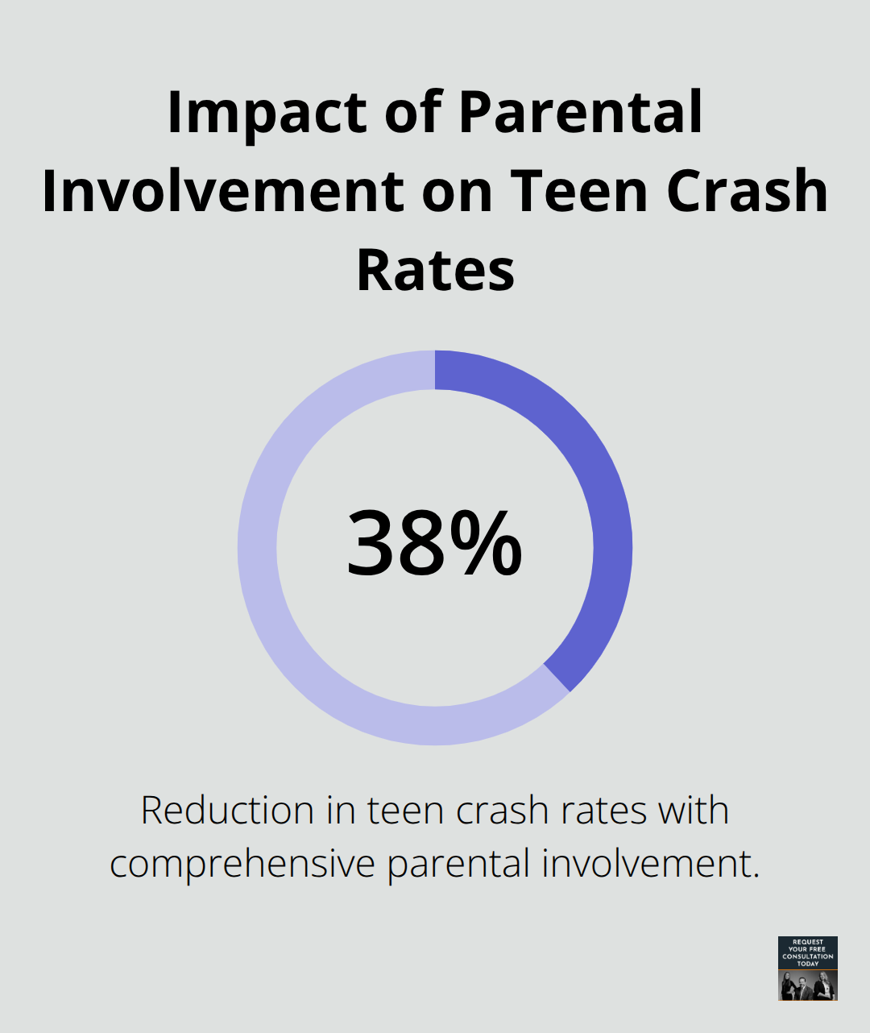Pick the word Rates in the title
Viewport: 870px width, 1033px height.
click(x=435, y=270)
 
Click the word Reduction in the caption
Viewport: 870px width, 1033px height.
click(x=226, y=811)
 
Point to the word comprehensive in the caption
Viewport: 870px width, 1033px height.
click(x=242, y=865)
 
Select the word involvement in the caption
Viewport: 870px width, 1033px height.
click(x=650, y=865)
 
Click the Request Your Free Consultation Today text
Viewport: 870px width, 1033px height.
click(x=808, y=952)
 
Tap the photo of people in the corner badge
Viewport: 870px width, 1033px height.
click(x=808, y=985)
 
